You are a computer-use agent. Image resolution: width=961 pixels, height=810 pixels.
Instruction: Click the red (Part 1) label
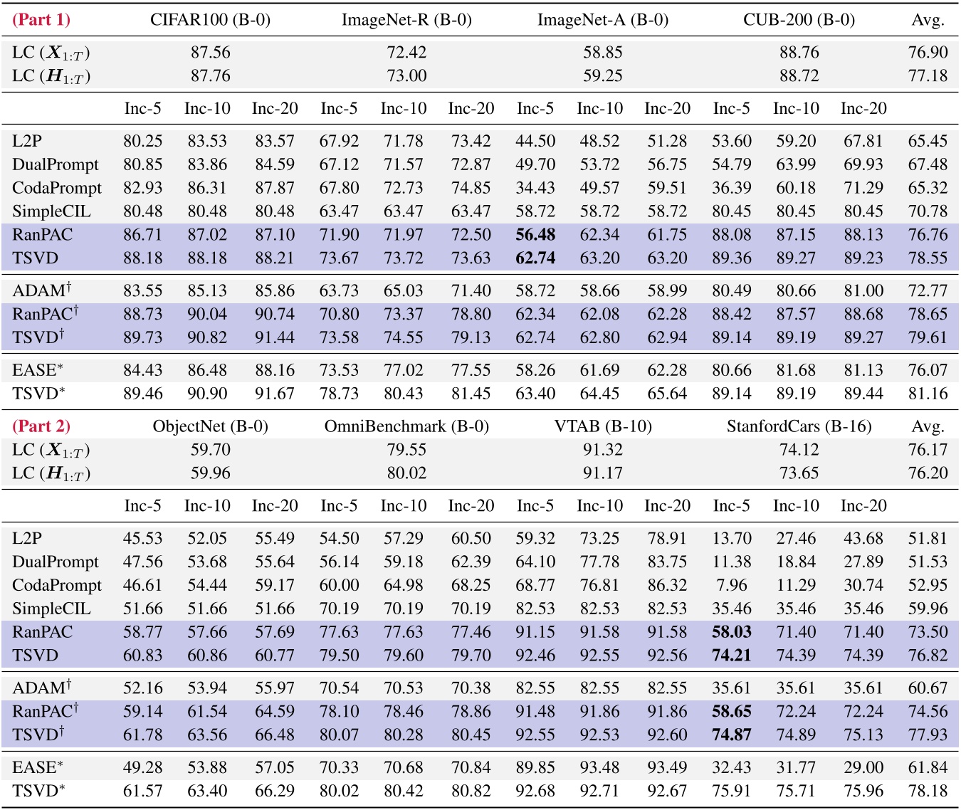pyautogui.click(x=41, y=19)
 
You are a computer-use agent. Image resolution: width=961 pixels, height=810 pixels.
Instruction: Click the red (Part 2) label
pyautogui.click(x=41, y=426)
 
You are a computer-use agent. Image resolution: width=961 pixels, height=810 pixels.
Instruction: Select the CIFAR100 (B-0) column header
pyautogui.click(x=210, y=19)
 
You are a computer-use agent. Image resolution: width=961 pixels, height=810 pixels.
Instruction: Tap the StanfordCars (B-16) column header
pyautogui.click(x=799, y=426)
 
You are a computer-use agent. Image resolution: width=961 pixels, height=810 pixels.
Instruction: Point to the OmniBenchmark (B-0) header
pyautogui.click(x=406, y=426)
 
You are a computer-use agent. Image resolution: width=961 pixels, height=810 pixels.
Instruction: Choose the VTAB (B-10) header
pyautogui.click(x=603, y=426)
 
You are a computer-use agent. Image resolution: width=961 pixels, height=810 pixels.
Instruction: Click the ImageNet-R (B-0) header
pyautogui.click(x=406, y=19)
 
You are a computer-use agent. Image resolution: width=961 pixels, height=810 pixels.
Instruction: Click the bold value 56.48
pyautogui.click(x=535, y=235)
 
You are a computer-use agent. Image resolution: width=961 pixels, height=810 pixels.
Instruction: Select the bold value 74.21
pyautogui.click(x=731, y=656)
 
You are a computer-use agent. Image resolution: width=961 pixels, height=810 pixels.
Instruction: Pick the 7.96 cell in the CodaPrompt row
pyautogui.click(x=731, y=585)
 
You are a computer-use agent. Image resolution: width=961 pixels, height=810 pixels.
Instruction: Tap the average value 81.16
pyautogui.click(x=928, y=394)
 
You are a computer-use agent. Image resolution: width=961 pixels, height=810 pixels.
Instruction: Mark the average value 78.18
pyautogui.click(x=928, y=791)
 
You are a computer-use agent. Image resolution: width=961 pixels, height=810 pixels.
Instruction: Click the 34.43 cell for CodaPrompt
pyautogui.click(x=535, y=188)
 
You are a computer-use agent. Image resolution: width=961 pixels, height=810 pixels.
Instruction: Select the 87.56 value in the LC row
pyautogui.click(x=210, y=53)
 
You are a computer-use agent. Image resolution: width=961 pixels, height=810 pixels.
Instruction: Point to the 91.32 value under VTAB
pyautogui.click(x=603, y=450)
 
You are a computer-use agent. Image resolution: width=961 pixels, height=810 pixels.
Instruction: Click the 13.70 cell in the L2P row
pyautogui.click(x=731, y=538)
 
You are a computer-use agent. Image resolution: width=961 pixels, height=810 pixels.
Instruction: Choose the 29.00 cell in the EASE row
pyautogui.click(x=863, y=767)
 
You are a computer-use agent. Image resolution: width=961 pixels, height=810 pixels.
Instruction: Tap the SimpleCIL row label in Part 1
pyautogui.click(x=51, y=211)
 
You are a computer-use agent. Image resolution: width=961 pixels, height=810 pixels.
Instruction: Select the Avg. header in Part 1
pyautogui.click(x=928, y=19)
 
